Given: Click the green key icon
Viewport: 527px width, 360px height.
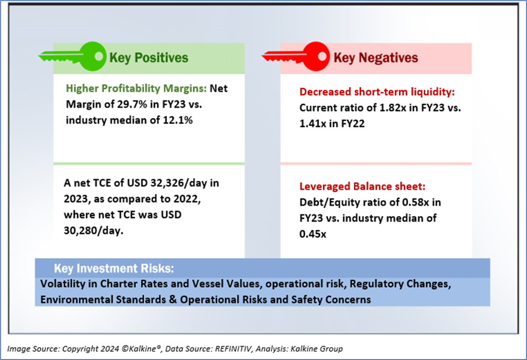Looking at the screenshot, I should [x=73, y=57].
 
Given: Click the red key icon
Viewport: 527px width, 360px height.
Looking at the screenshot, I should [x=296, y=57].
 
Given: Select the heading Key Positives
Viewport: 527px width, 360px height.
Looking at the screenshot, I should [x=149, y=57].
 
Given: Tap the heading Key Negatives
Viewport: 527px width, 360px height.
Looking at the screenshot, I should [x=375, y=57].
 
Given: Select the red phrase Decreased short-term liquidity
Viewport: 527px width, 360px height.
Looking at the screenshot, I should [x=377, y=92].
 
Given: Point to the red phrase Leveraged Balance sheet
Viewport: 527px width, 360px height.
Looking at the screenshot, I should [x=362, y=187].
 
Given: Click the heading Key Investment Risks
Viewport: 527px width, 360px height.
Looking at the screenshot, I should [x=114, y=268].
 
